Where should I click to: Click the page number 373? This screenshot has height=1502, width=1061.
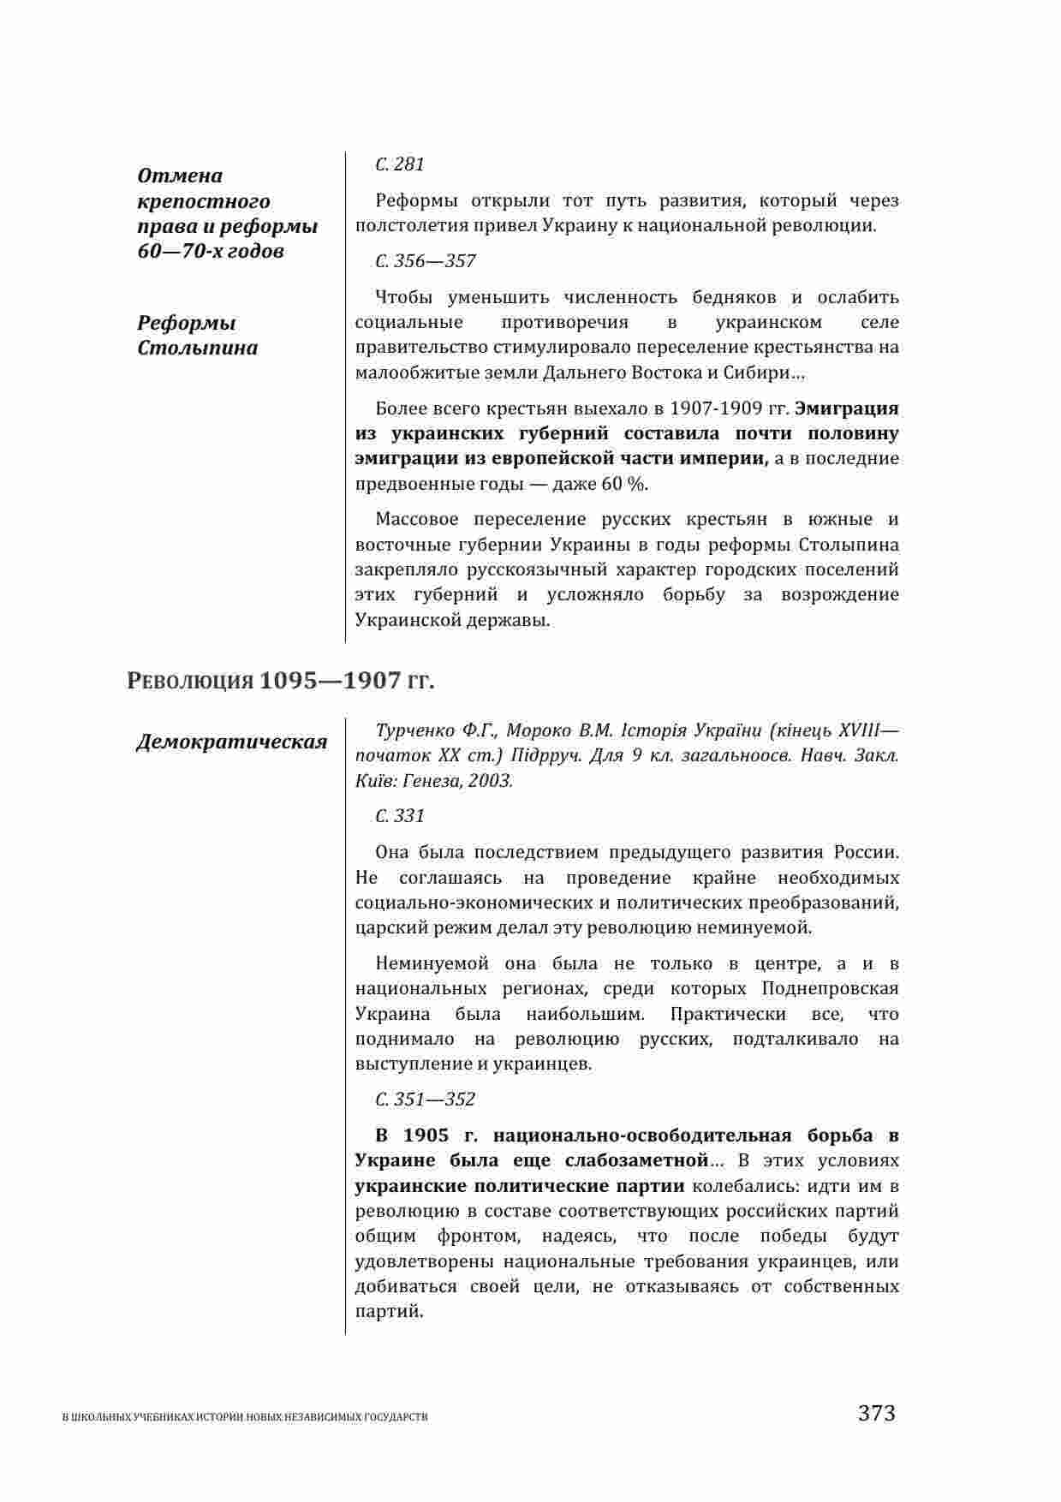pyautogui.click(x=876, y=1413)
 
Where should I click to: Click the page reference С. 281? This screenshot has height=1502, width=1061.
pyautogui.click(x=400, y=164)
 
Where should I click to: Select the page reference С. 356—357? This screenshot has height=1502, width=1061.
pyautogui.click(x=426, y=261)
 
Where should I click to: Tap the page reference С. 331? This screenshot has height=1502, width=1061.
pyautogui.click(x=400, y=816)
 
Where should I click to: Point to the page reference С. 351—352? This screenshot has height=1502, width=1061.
pyautogui.click(x=426, y=1100)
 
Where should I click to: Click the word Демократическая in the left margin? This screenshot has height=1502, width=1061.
pyautogui.click(x=232, y=742)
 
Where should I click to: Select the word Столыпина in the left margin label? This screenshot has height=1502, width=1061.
pyautogui.click(x=198, y=349)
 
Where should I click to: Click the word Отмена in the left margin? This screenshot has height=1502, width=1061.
pyautogui.click(x=180, y=176)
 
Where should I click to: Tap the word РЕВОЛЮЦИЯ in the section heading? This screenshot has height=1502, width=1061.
pyautogui.click(x=190, y=682)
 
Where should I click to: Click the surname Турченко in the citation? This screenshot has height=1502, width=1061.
pyautogui.click(x=414, y=730)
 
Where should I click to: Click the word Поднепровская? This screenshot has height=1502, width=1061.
pyautogui.click(x=830, y=989)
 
